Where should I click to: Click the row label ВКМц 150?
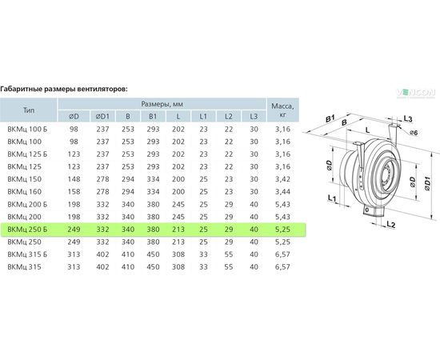point(25,179)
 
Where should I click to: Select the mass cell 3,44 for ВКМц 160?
point(282,192)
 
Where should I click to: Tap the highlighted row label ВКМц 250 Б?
point(27,230)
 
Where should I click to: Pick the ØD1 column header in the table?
point(102,116)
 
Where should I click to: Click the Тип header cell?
point(29,110)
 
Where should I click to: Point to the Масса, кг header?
point(282,110)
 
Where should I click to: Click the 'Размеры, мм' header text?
point(162,104)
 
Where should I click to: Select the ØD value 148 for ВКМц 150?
point(74,179)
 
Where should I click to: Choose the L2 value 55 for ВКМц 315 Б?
point(229,254)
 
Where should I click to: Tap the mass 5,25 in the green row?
point(282,230)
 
